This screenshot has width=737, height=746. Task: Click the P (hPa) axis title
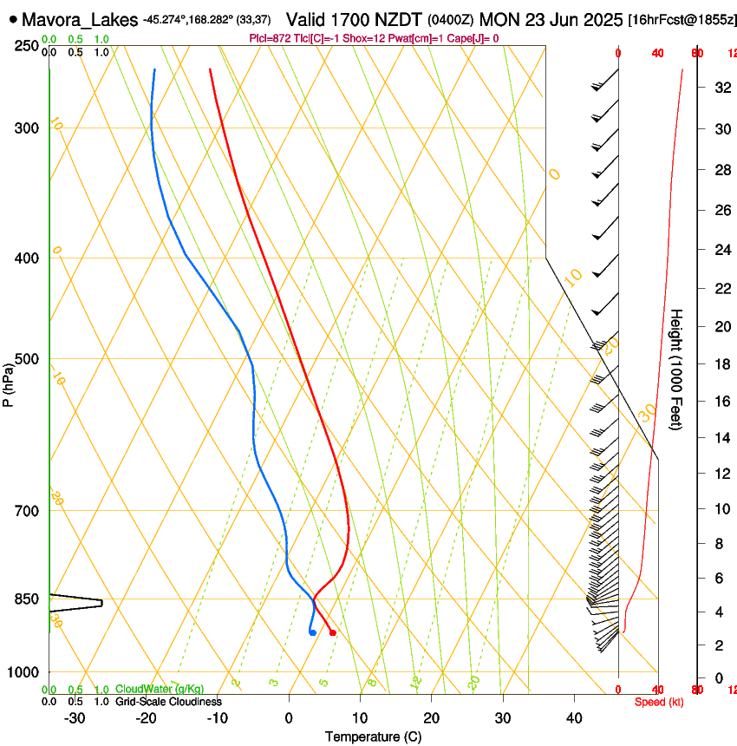tap(9, 383)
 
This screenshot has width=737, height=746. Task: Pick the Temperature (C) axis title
tap(373, 736)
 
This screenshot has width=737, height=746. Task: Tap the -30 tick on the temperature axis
tap(75, 718)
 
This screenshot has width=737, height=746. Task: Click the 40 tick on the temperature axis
tap(573, 718)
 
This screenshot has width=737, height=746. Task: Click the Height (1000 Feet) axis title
tap(677, 370)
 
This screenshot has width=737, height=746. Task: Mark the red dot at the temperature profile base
tap(333, 632)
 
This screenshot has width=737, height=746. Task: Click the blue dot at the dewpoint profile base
tap(312, 632)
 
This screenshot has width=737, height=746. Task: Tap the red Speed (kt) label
tap(659, 702)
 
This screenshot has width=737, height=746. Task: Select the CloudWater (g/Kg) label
tap(160, 690)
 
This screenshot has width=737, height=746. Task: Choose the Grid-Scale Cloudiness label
tap(168, 702)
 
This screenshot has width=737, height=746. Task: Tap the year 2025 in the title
tap(598, 19)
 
